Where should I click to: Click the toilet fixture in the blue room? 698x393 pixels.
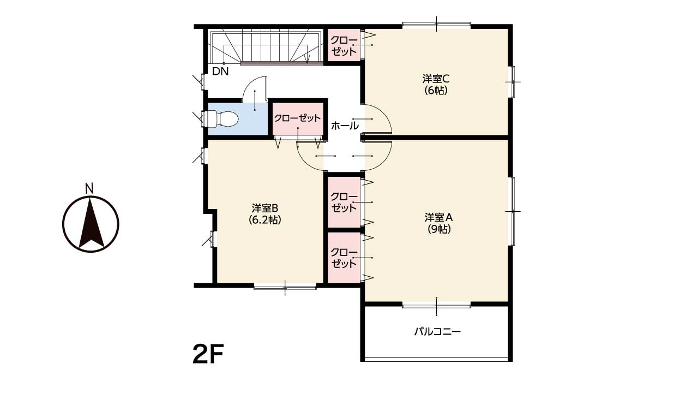click(222, 119)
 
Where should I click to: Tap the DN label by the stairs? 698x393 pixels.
click(220, 72)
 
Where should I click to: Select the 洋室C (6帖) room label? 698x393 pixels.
click(436, 85)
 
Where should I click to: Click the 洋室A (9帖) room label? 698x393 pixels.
click(438, 223)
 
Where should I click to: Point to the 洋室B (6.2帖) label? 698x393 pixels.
click(265, 214)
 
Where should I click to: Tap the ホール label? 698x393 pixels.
click(345, 126)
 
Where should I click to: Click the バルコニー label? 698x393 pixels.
click(437, 331)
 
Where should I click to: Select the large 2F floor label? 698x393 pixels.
click(208, 354)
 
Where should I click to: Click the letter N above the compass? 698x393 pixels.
click(89, 189)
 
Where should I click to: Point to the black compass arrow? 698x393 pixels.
click(91, 223)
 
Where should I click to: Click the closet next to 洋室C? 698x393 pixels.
click(344, 45)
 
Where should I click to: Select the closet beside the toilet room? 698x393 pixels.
click(298, 119)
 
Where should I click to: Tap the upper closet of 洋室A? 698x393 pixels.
click(344, 202)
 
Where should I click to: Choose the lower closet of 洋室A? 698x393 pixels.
click(344, 258)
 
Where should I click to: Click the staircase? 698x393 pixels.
click(266, 47)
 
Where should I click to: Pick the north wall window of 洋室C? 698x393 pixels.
click(436, 25)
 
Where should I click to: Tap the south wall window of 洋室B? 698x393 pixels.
click(285, 287)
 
